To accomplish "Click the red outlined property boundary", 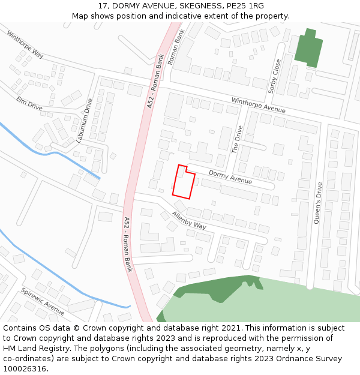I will point(183,182).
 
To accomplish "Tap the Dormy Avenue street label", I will point(230,176).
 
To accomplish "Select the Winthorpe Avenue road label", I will point(259,105).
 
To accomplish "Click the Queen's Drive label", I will point(318,203).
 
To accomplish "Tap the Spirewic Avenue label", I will point(43,301).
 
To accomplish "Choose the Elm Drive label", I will point(29,103).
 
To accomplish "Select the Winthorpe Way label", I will point(25,44).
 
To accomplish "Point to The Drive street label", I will point(238,139).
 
